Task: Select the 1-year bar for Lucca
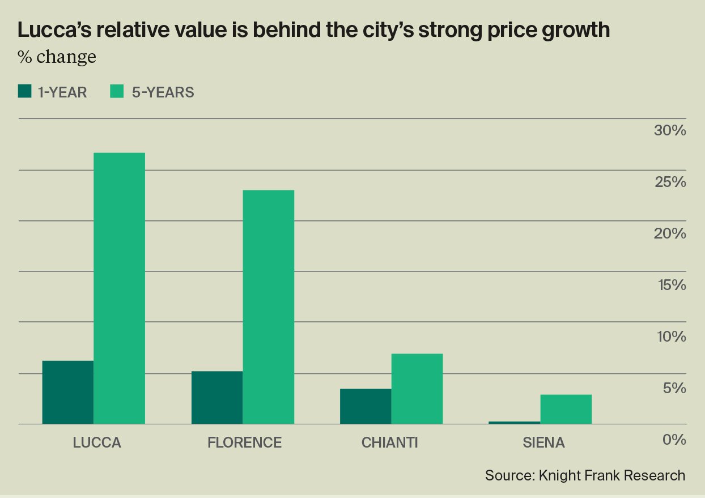coord(67,392)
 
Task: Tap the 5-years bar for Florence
coord(268,307)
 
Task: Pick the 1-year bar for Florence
coord(216,397)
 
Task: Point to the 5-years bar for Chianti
coord(417,389)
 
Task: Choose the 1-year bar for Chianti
coord(366,406)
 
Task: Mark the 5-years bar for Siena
coord(566,409)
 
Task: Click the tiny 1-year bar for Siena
coord(514,423)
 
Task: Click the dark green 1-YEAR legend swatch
coord(25,92)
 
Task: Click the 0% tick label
coord(674,440)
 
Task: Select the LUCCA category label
coord(97,442)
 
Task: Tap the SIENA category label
coord(543,442)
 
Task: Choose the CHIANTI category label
coord(389,442)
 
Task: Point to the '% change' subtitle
coord(57,58)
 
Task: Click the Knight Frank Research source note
coord(585,475)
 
